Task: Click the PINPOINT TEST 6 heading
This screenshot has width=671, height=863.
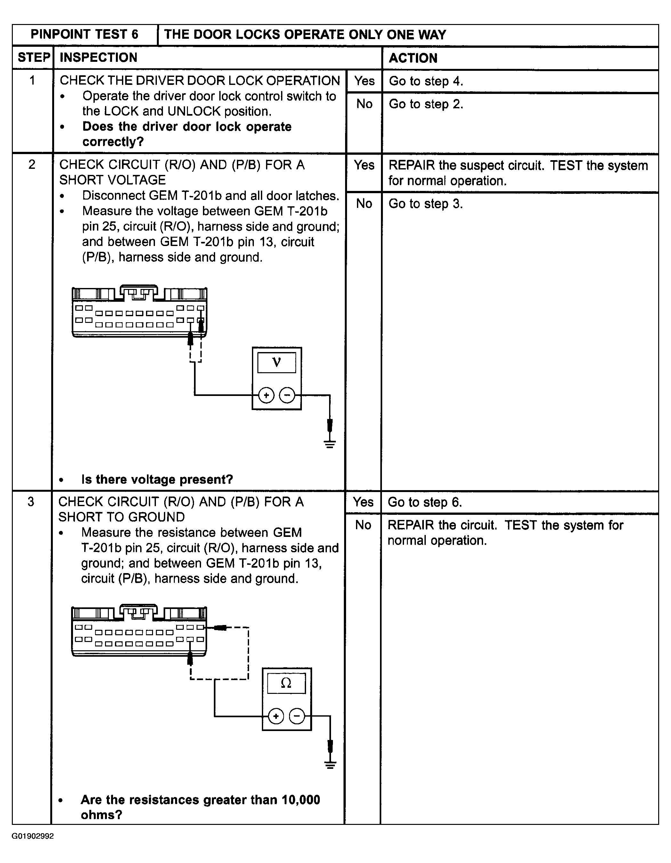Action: pos(85,35)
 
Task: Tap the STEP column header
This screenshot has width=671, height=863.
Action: pos(34,58)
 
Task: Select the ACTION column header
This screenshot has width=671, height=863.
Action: pos(413,58)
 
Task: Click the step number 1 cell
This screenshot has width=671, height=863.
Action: pos(32,81)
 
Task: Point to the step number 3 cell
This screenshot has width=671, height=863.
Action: pos(31,502)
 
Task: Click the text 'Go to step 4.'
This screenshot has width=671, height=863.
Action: pos(426,81)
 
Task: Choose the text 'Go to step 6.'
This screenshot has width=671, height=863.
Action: pos(424,502)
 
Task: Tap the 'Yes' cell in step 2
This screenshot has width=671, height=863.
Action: pos(364,165)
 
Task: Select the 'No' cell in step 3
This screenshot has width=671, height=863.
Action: pos(363,525)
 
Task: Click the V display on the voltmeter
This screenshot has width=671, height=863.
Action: pos(277,362)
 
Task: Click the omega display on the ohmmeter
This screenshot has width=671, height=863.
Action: pos(286,683)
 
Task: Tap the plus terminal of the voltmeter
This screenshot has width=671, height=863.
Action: pos(266,395)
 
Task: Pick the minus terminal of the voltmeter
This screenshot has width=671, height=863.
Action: pos(287,395)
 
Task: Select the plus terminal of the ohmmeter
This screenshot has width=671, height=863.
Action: pos(276,716)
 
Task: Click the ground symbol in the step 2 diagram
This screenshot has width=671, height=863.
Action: pos(330,444)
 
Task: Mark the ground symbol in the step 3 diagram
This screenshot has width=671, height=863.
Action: pos(330,765)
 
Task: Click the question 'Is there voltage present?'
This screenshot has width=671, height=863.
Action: pos(157,480)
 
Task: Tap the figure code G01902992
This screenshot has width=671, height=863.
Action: pos(32,836)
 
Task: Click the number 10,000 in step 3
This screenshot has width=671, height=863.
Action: pos(301,800)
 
